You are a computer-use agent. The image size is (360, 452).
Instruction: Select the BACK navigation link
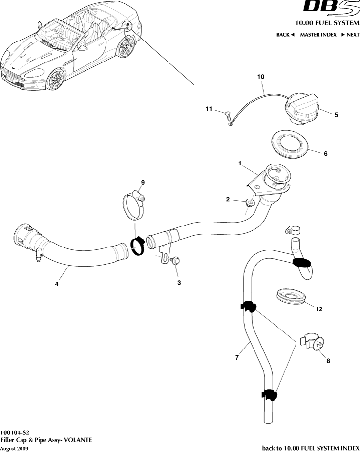point(285,35)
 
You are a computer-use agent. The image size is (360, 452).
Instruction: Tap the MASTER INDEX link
point(318,35)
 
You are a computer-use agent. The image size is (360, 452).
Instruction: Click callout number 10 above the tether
point(260,77)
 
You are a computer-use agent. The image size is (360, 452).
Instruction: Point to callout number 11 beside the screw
point(209,109)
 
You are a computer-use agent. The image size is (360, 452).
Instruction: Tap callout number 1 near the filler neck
point(240,165)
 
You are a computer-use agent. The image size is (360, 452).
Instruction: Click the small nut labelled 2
point(250,202)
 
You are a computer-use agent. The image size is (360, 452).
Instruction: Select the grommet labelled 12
point(291,296)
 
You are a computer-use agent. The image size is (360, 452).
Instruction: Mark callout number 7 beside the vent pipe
point(237,358)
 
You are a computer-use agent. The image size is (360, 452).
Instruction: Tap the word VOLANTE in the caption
point(77,439)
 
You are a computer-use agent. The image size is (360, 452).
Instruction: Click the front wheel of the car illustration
point(56,80)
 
